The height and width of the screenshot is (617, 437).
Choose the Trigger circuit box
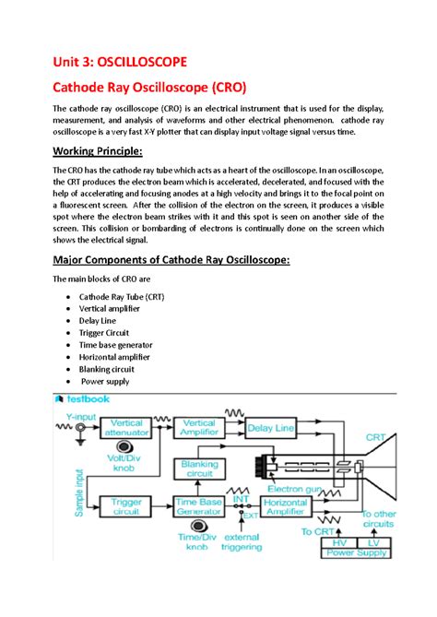(126, 506)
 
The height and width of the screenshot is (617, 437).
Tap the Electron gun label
(294, 487)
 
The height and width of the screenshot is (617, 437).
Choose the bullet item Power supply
(105, 380)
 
